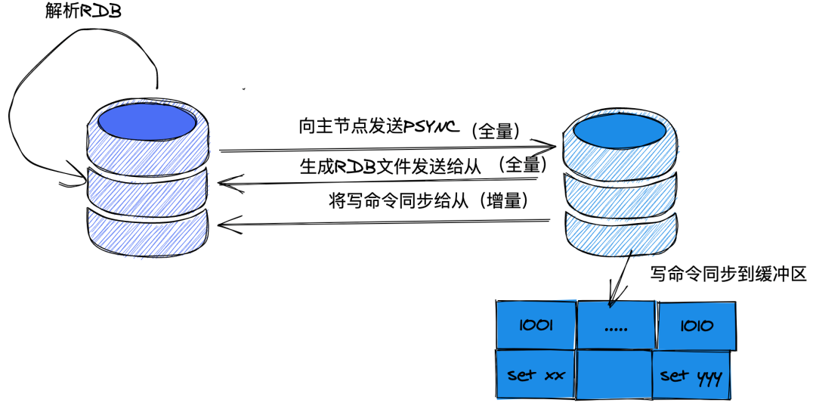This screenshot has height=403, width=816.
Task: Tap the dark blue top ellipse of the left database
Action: [x=147, y=121]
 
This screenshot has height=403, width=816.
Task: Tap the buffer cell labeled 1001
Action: [x=536, y=325]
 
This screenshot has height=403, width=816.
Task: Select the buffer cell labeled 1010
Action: [x=696, y=326]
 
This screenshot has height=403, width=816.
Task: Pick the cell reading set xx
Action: [x=535, y=374]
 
